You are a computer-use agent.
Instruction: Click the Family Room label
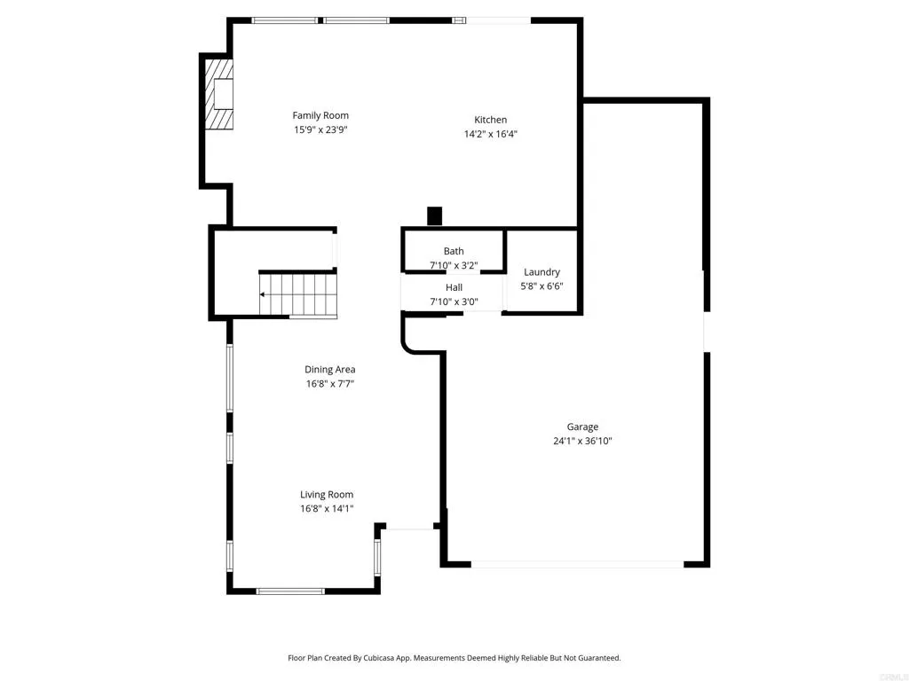coord(320,115)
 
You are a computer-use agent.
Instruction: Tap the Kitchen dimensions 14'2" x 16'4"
coord(490,135)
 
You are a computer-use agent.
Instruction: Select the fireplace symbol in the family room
coord(219,95)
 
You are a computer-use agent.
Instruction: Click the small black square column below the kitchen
coord(434,215)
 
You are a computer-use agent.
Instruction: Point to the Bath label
coord(454,251)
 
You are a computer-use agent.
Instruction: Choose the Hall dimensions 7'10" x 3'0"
coord(454,301)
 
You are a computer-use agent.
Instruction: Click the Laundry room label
coord(541,272)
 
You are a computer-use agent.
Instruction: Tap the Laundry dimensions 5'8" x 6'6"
coord(541,286)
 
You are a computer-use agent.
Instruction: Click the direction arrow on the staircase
coord(264,294)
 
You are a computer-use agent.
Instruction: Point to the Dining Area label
coord(330,370)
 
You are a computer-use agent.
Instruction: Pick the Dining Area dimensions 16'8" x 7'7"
coord(330,384)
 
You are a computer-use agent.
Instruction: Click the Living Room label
coord(327,495)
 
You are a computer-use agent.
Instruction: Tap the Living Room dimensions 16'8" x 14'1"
coord(327,509)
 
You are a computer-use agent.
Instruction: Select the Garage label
coord(583,427)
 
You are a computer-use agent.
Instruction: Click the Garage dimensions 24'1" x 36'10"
coord(583,441)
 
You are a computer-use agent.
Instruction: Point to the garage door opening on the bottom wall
coord(577,563)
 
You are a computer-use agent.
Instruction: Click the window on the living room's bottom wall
coord(290,591)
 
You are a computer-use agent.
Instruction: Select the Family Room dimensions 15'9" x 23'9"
coord(320,129)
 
